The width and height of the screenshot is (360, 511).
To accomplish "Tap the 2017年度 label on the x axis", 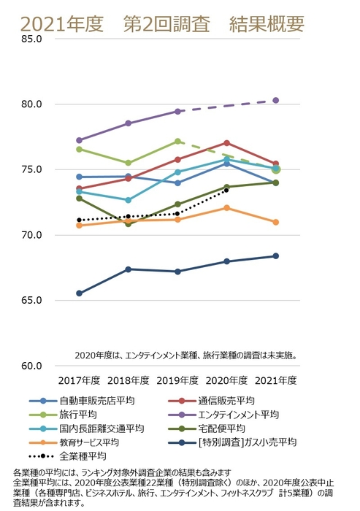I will (79, 380).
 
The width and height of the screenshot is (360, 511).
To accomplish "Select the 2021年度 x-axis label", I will (276, 380).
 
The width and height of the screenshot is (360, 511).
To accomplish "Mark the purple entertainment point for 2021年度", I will (276, 100).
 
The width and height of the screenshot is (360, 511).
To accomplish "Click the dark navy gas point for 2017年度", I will (79, 293).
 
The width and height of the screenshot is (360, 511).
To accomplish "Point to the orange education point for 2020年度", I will (226, 208).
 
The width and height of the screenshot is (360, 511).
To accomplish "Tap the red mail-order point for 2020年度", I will (226, 143).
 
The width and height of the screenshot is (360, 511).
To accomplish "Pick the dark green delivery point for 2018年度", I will (129, 223).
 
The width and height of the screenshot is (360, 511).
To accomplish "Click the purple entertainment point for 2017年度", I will (79, 140).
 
